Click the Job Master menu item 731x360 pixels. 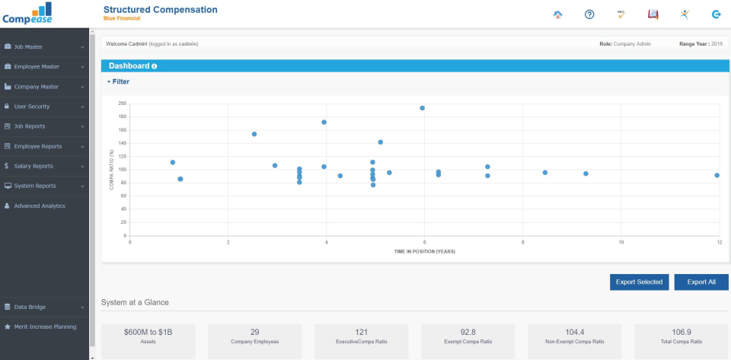pos(28,46)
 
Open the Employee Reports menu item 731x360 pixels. pos(37,146)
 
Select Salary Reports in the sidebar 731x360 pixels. pos(33,166)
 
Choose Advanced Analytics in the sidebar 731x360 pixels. pos(39,205)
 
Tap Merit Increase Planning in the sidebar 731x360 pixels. pos(44,327)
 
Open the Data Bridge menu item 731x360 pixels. pos(30,307)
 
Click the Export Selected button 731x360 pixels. pos(639,282)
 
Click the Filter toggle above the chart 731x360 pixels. pos(119,81)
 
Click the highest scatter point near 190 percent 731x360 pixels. pos(423,108)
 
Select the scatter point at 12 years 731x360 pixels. pos(717,175)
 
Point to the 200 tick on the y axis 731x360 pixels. pos(122,103)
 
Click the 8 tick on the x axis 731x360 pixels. pos(523,242)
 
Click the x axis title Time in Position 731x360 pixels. pos(424,251)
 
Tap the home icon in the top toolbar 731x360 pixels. pos(557,14)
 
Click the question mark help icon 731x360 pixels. pos(589,14)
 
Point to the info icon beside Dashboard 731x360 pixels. pos(155,66)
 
